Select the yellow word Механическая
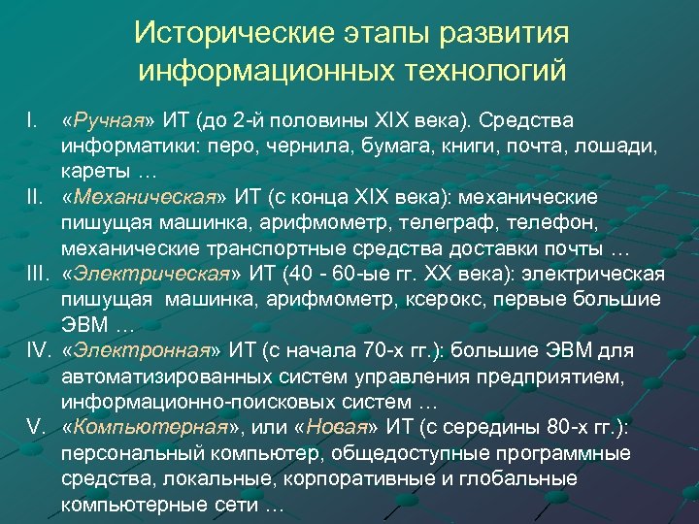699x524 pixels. (x=142, y=197)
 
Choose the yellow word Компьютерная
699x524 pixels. (x=148, y=426)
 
